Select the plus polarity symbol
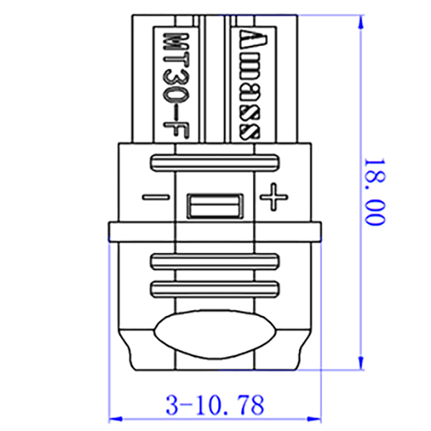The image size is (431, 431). point(272,196)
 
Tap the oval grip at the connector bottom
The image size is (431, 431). point(215,335)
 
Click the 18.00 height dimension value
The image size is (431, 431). point(374,192)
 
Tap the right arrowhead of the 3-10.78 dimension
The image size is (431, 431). point(316,418)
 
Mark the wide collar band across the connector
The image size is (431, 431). point(214,231)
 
